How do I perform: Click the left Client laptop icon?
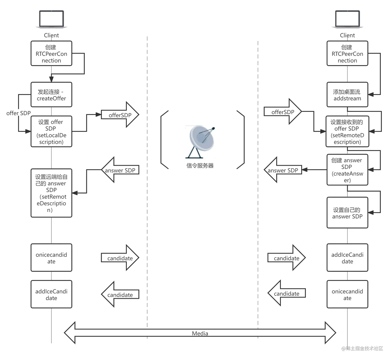tap(51, 19)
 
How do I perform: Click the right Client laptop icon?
tap(347, 19)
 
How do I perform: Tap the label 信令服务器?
tap(200, 166)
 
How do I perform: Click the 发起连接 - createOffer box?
tap(51, 95)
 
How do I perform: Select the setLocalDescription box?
tap(51, 131)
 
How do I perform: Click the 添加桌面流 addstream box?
tap(347, 95)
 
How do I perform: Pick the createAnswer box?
tap(347, 170)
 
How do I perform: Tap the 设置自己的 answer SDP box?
tap(347, 213)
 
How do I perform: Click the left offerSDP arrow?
tap(120, 115)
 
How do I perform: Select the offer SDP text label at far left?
tap(18, 113)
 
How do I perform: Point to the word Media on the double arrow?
tap(200, 333)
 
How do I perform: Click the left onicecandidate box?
tap(51, 258)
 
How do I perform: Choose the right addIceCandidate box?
tap(347, 258)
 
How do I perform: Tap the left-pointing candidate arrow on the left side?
tap(120, 295)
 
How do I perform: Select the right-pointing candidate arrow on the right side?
tap(286, 258)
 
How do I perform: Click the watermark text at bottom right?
tap(362, 348)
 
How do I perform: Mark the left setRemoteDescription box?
tap(51, 193)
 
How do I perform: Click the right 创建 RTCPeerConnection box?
tap(347, 53)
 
